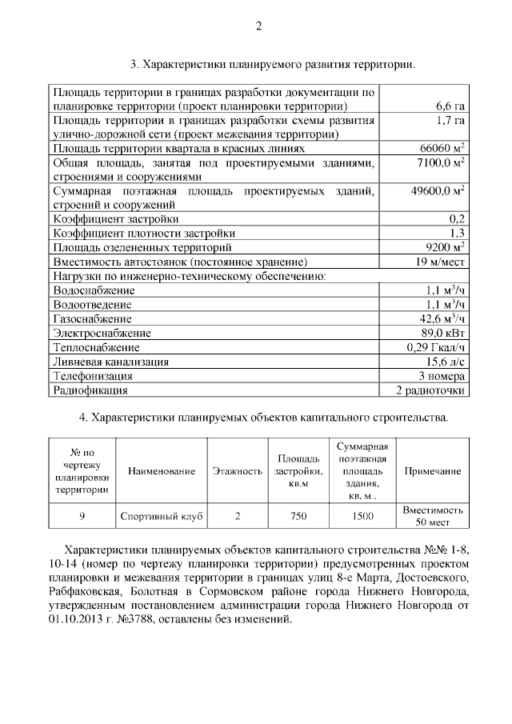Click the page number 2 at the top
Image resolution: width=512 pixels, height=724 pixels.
coord(258,25)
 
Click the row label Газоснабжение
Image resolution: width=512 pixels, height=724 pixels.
coord(92,318)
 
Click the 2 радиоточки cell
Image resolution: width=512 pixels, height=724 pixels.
coord(431,390)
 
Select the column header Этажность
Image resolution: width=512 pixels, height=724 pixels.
coord(237,471)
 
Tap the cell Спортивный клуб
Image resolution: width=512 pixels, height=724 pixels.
coord(161,516)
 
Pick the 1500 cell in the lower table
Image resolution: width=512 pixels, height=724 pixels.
coord(362,516)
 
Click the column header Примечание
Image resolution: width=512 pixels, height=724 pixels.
coord(433,471)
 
